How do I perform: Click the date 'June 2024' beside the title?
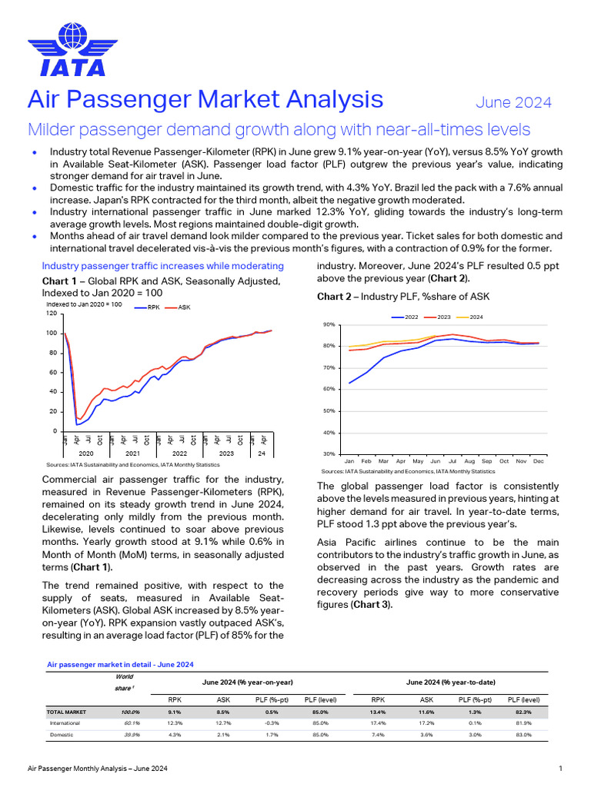[513, 102]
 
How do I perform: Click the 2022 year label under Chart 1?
[180, 453]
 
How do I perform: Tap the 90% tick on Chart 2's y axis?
[329, 325]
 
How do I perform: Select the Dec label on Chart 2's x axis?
[538, 461]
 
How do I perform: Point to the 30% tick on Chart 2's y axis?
[329, 454]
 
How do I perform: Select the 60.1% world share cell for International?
[132, 723]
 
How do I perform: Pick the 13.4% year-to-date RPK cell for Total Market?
[379, 712]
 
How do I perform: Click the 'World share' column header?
[124, 682]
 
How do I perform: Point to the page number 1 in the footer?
[560, 769]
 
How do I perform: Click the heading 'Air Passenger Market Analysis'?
[205, 99]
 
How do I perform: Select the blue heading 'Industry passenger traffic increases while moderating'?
[162, 266]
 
